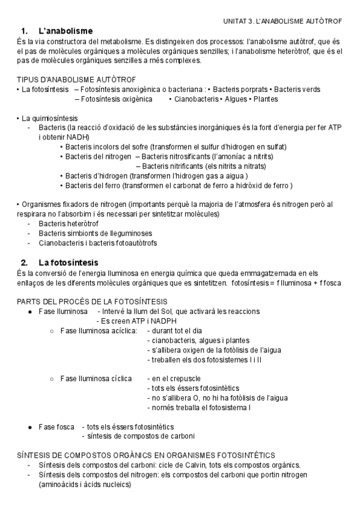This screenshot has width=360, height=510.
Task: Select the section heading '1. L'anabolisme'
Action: (x=56, y=31)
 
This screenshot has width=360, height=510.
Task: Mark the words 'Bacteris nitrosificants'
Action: (x=180, y=156)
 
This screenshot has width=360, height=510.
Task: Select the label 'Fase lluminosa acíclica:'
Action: (x=99, y=330)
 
